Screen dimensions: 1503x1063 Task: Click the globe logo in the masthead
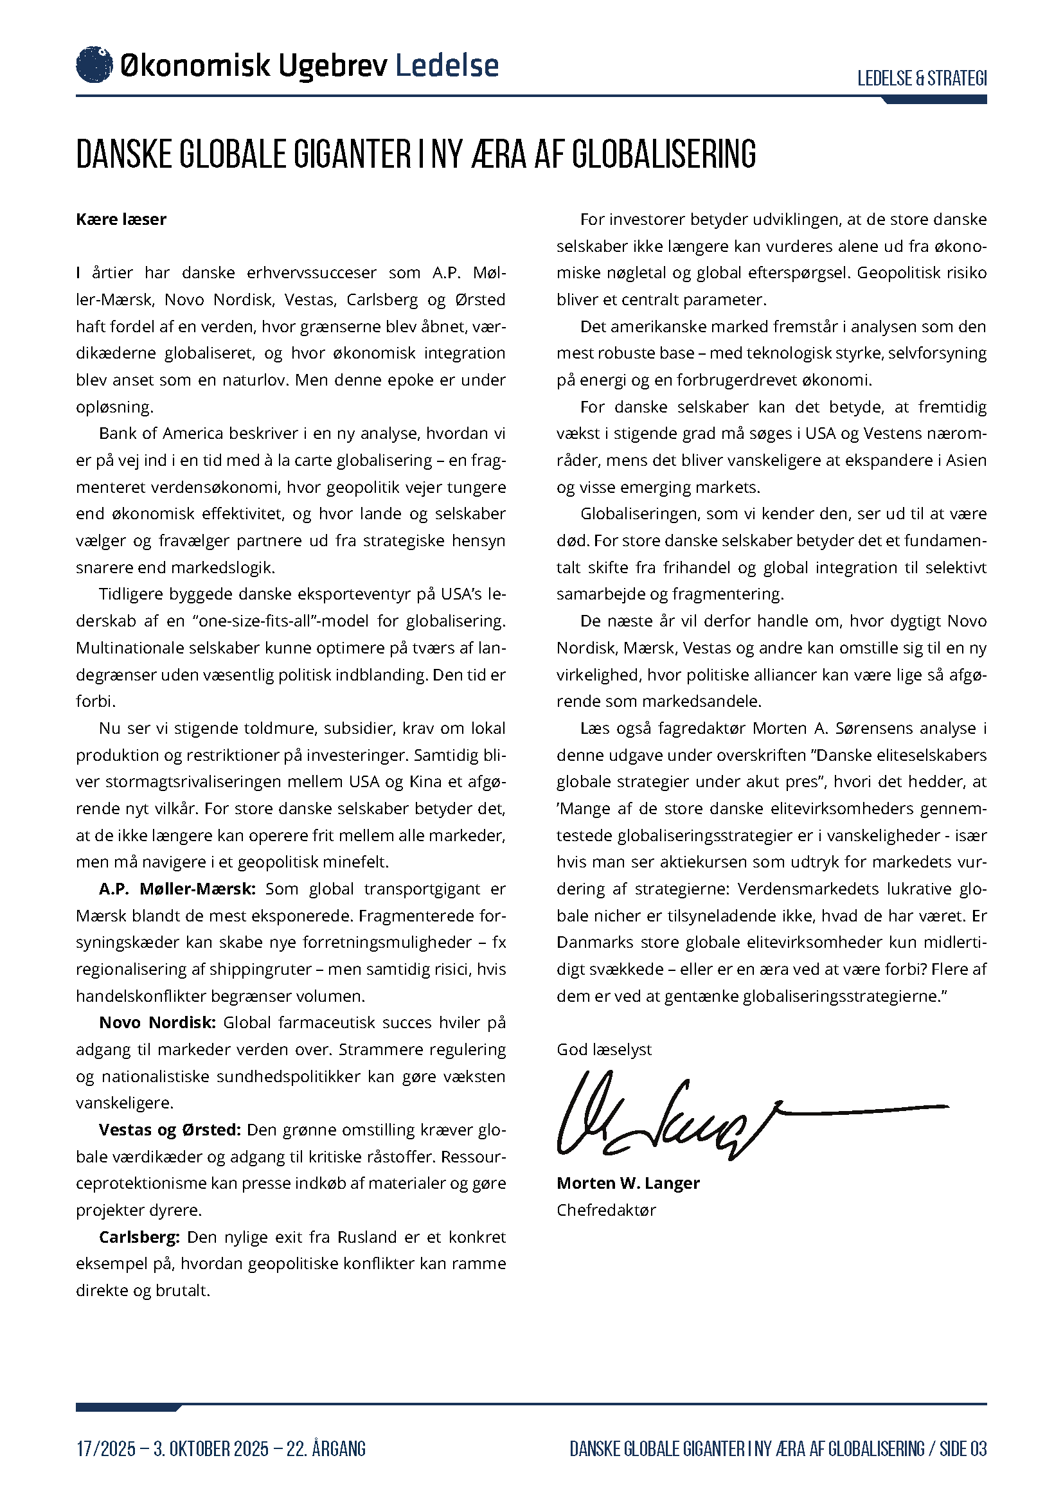[x=94, y=65]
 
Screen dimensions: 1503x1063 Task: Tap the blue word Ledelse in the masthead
[x=447, y=66]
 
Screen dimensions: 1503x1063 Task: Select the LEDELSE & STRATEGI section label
[x=922, y=78]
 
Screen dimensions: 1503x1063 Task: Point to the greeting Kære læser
[x=121, y=219]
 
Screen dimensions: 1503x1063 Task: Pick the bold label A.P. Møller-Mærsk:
[x=177, y=889]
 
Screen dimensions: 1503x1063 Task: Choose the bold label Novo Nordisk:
[x=157, y=1022]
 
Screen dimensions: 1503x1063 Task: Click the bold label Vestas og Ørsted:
[x=170, y=1130]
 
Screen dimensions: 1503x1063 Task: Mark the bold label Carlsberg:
[x=139, y=1237]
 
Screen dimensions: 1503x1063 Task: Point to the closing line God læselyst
[x=603, y=1050]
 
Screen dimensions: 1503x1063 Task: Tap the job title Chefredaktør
[x=605, y=1211]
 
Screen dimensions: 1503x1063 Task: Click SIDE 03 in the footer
[x=963, y=1448]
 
